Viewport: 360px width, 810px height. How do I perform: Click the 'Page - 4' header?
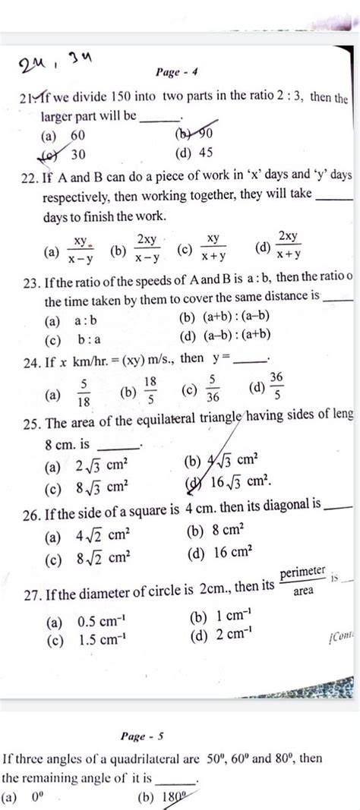(177, 73)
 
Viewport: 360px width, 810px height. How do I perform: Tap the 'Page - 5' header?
(143, 736)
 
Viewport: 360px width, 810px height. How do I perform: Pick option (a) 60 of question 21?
(67, 135)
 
